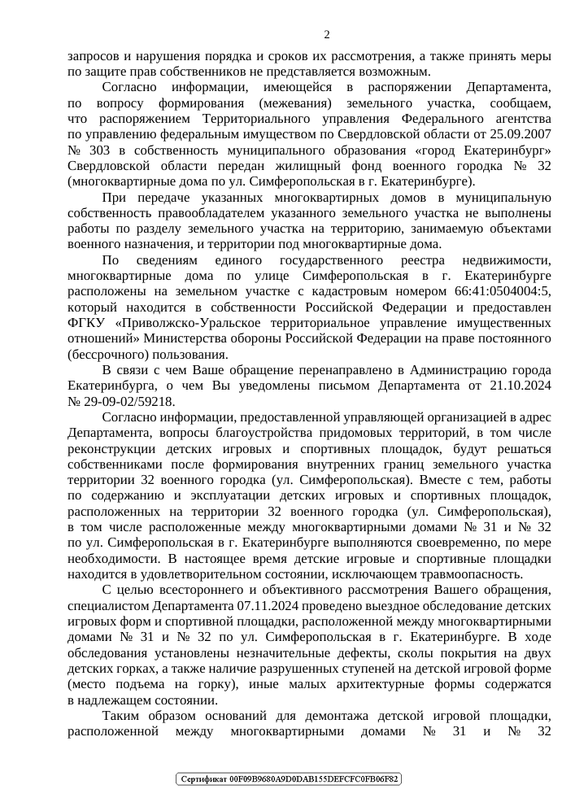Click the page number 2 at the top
pyautogui.click(x=327, y=34)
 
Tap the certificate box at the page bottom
pyautogui.click(x=290, y=779)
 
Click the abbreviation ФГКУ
pyautogui.click(x=87, y=324)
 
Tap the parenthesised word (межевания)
pyautogui.click(x=290, y=104)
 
